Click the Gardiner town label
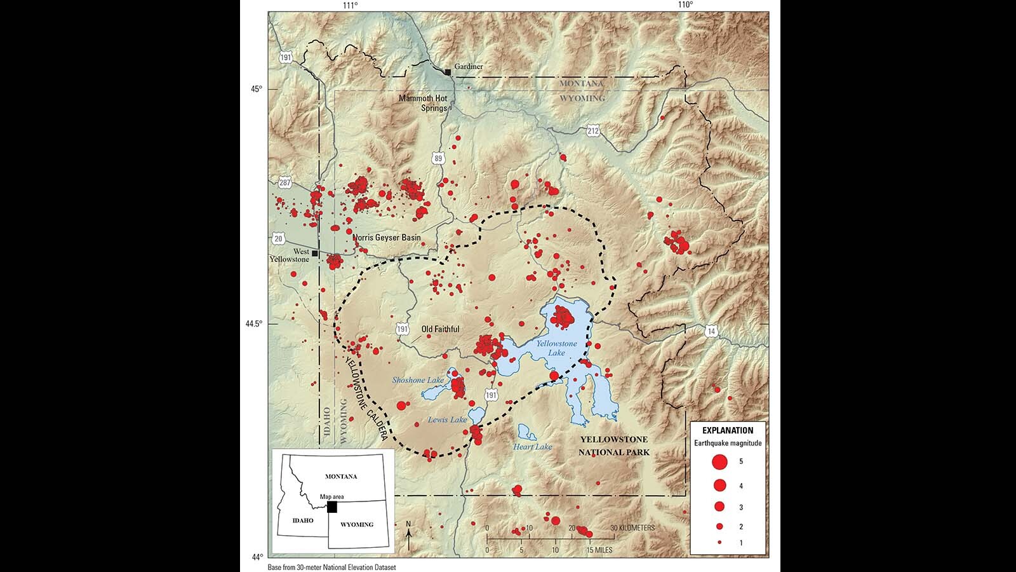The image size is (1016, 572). coord(469,67)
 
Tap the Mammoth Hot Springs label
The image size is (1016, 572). coord(423,103)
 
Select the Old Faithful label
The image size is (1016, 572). coord(440,329)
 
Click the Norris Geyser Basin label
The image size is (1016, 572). coord(387,238)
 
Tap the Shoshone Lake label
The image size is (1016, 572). coord(418,380)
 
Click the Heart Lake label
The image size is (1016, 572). coord(532,447)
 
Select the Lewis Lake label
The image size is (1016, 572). coord(447,419)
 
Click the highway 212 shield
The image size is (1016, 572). coord(593,131)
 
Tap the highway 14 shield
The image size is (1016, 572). coord(711,331)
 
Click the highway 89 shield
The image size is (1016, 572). coord(438,158)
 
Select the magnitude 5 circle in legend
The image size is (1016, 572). coord(719,461)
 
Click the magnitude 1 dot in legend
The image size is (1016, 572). coord(719,543)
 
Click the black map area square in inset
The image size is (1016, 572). coord(331,507)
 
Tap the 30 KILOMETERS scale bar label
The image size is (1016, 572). coord(632,528)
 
